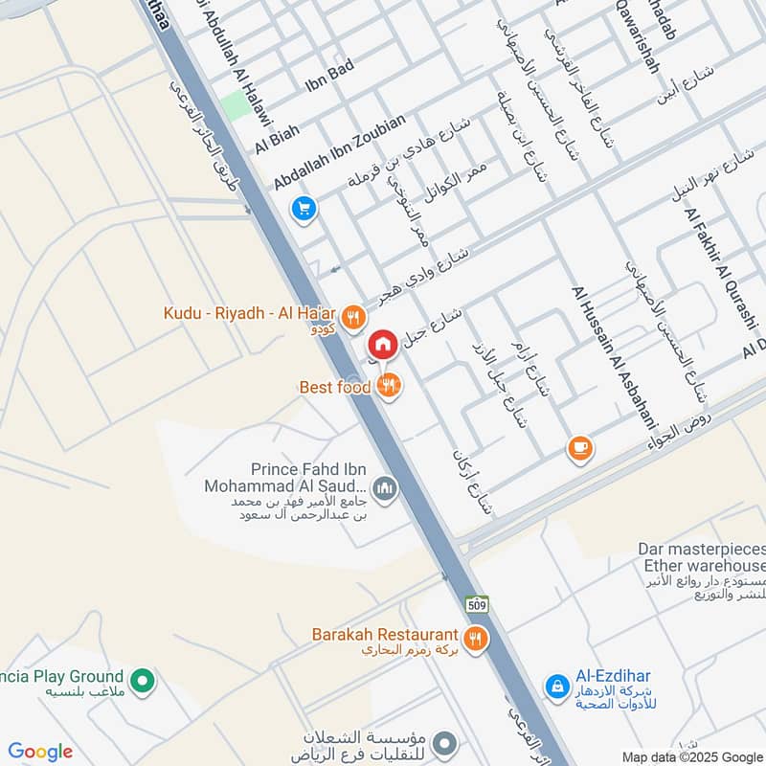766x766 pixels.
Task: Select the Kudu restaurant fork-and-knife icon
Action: click(x=353, y=315)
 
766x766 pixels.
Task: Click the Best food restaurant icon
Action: click(x=388, y=386)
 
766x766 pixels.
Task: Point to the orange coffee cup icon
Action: click(x=579, y=447)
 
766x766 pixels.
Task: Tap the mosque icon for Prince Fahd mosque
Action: click(x=385, y=489)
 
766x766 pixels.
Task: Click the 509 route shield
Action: click(x=477, y=604)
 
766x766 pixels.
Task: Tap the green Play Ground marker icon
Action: click(x=143, y=681)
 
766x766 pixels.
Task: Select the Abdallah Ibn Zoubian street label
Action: click(x=340, y=151)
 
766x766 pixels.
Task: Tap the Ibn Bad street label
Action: click(x=329, y=75)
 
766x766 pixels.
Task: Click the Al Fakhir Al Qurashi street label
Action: click(x=720, y=268)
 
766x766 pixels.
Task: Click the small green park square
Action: click(x=237, y=106)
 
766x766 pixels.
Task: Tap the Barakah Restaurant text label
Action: click(x=385, y=635)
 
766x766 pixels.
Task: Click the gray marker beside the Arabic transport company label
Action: click(x=443, y=743)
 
